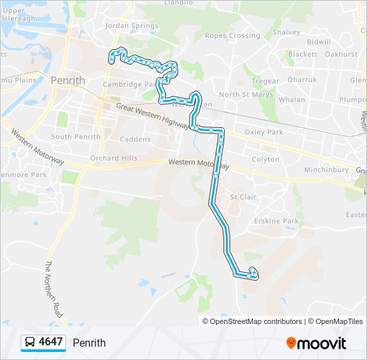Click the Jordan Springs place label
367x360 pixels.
click(x=131, y=27)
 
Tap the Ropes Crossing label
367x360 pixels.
click(x=232, y=35)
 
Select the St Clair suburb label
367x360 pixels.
click(x=243, y=197)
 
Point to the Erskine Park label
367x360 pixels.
click(x=276, y=221)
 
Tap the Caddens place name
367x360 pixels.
click(x=135, y=139)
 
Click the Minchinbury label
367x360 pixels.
click(x=326, y=170)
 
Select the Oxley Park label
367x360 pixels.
click(x=264, y=132)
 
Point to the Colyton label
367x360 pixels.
click(x=265, y=160)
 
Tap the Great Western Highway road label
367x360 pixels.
click(x=153, y=115)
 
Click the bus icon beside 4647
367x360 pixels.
click(x=30, y=343)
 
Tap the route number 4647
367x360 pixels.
click(x=51, y=343)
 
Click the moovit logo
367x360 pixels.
click(x=316, y=343)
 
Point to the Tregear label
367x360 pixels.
click(x=265, y=81)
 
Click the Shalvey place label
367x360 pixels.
click(x=286, y=32)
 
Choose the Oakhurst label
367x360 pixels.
click(x=342, y=54)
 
